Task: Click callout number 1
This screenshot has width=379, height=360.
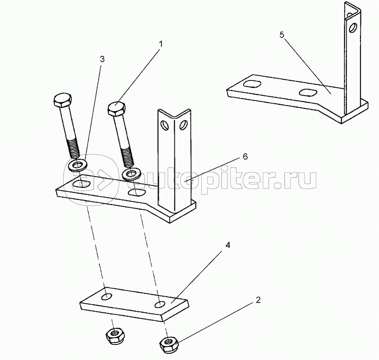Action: point(160,44)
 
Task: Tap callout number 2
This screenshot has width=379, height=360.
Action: point(259,300)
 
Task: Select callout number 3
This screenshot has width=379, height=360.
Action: point(102,59)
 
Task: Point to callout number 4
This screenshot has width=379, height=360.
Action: point(228,245)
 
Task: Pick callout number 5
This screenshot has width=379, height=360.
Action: point(282,35)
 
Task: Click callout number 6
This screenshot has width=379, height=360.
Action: point(245,157)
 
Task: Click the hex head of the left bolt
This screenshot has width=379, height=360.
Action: point(63,99)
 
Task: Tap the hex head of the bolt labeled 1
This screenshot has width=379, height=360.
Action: point(117,108)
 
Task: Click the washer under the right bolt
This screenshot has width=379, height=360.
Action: point(131,174)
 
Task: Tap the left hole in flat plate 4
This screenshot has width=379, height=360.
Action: point(107,297)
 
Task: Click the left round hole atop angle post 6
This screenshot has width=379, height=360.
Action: point(165,125)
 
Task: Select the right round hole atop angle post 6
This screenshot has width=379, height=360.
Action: point(183,125)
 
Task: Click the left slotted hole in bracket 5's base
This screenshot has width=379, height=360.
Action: point(252,84)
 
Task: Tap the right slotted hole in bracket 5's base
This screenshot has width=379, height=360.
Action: point(308,92)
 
